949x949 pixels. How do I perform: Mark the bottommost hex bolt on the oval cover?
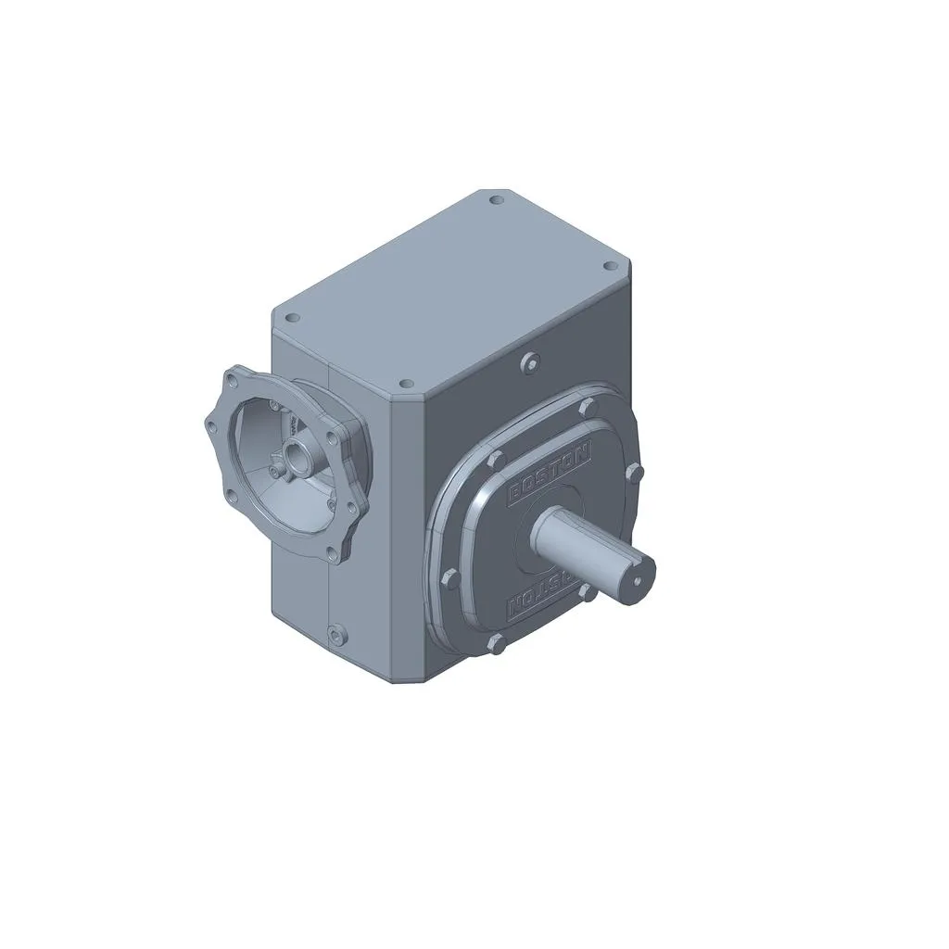(x=497, y=642)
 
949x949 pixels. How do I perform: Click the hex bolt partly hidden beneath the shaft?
(x=587, y=589)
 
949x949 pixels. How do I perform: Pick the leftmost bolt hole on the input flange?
(x=210, y=425)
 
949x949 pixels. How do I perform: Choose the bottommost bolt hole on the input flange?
(x=330, y=554)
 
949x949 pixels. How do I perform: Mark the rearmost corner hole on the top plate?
(x=497, y=199)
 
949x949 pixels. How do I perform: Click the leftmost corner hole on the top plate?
(x=293, y=318)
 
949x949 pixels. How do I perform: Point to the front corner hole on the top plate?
(x=405, y=384)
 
